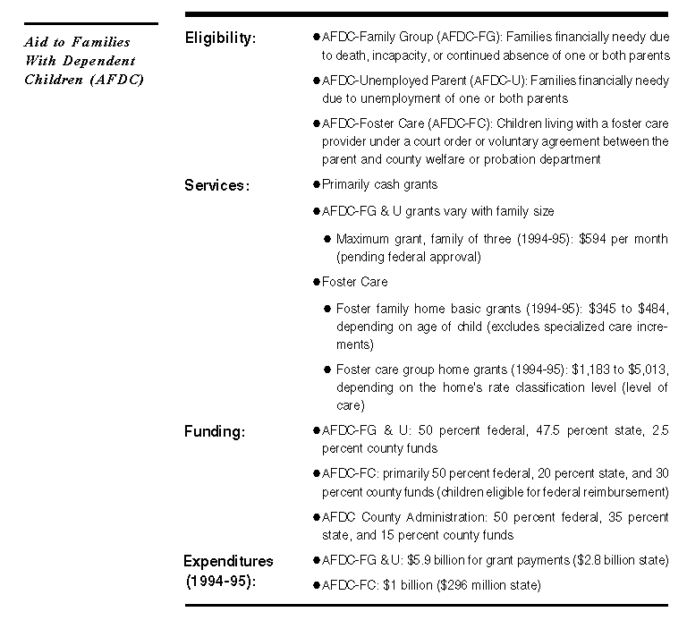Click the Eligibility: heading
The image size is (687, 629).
tap(220, 38)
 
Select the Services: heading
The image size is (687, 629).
tap(216, 186)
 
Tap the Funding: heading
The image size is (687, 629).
tap(215, 432)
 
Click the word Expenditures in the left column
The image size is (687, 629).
tap(228, 562)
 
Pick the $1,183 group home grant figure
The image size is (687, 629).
tap(588, 370)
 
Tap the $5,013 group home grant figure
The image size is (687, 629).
tap(649, 370)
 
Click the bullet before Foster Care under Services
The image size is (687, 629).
tap(317, 282)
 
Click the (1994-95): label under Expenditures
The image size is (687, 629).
tap(221, 580)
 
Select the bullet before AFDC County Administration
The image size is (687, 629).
tap(317, 517)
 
